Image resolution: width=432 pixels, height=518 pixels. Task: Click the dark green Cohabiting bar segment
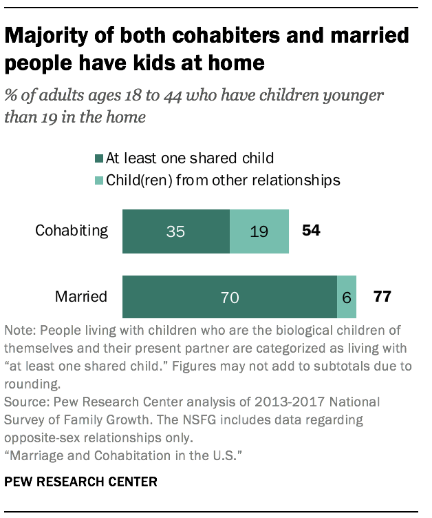pyautogui.click(x=175, y=232)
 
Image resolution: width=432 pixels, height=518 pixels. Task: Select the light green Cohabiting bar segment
pyautogui.click(x=259, y=232)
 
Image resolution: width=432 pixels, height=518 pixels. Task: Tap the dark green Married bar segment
pyautogui.click(x=229, y=298)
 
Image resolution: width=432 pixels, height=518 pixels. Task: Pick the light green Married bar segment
pyautogui.click(x=346, y=298)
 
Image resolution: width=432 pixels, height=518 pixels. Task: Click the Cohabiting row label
pyautogui.click(x=72, y=231)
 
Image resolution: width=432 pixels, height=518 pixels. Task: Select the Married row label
pyautogui.click(x=81, y=298)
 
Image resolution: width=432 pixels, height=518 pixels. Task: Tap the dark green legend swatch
pyautogui.click(x=98, y=158)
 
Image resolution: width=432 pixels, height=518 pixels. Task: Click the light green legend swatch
pyautogui.click(x=98, y=180)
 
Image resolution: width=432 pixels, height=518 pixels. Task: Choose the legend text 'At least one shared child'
pyautogui.click(x=189, y=158)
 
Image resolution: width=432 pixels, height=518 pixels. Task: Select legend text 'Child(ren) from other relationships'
pyautogui.click(x=222, y=180)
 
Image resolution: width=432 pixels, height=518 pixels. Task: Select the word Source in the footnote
pyautogui.click(x=24, y=401)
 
